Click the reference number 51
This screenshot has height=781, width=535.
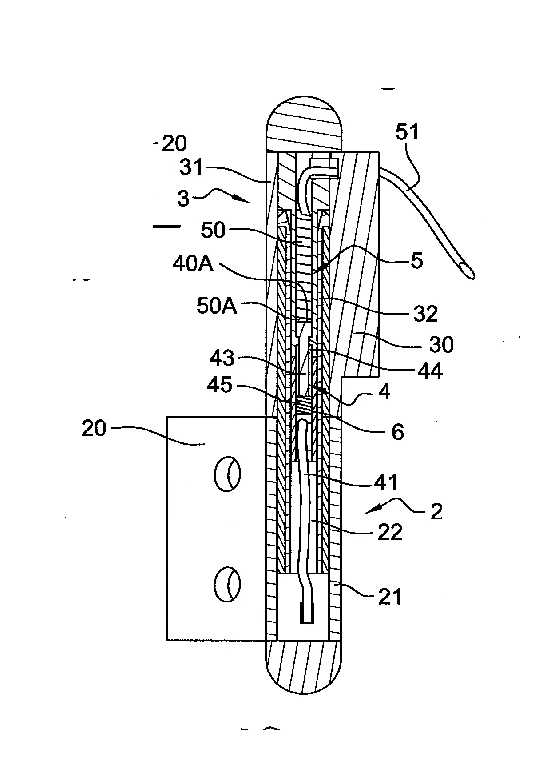pos(407,132)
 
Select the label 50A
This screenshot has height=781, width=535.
pos(217,307)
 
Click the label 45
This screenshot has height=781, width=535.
pos(220,385)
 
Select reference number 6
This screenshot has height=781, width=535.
pos(397,431)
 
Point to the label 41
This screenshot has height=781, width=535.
pos(386,482)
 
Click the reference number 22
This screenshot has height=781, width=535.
pos(389,531)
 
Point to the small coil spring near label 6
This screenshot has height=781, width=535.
pos(304,405)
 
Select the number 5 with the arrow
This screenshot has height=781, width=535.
pos(416,261)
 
